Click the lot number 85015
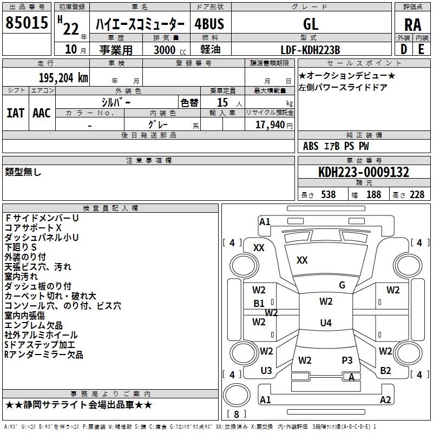(27, 23)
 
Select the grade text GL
(311, 24)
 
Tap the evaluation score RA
(412, 25)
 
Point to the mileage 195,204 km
(63, 78)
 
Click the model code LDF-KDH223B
(310, 50)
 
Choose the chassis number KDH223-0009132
(364, 172)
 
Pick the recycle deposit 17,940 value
(270, 125)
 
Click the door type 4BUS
(209, 24)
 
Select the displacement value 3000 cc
(170, 50)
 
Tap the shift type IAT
(15, 113)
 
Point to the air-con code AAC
(42, 113)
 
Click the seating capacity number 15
(222, 102)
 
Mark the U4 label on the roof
(326, 323)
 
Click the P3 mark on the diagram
(347, 360)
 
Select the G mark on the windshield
(342, 285)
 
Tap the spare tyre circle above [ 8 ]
(237, 395)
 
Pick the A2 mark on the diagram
(385, 399)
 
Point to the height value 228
(417, 194)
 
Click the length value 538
(329, 194)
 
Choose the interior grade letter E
(421, 49)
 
